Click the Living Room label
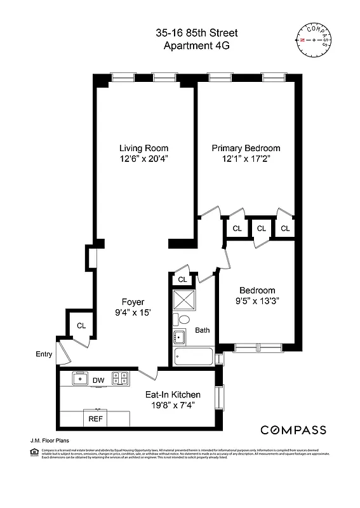pos(143,148)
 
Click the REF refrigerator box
pos(95,419)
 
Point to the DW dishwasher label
pos(98,380)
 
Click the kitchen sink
pos(80,379)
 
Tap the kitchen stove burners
pos(120,379)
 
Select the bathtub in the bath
pos(194,357)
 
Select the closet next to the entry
pos(81,326)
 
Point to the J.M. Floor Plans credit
pos(50,439)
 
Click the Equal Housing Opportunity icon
pos(34,451)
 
